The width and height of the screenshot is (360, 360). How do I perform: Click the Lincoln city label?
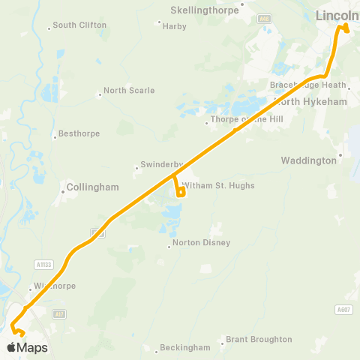337,15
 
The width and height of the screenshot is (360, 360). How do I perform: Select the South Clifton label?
79,25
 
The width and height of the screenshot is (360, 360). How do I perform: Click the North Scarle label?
129,91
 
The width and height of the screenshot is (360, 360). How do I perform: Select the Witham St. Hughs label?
224,185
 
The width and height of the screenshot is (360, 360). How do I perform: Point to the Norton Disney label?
201,243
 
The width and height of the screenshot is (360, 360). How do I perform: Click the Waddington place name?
309,160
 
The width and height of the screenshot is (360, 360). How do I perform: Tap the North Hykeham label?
304,100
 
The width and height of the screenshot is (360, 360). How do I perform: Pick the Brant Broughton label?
259,340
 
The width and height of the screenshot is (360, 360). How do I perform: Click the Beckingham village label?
185,348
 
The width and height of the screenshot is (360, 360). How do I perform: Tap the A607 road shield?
344,310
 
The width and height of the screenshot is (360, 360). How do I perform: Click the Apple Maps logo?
27,347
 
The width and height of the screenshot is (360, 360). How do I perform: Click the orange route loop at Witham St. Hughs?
181,191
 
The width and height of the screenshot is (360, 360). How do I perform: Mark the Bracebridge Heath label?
319,85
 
